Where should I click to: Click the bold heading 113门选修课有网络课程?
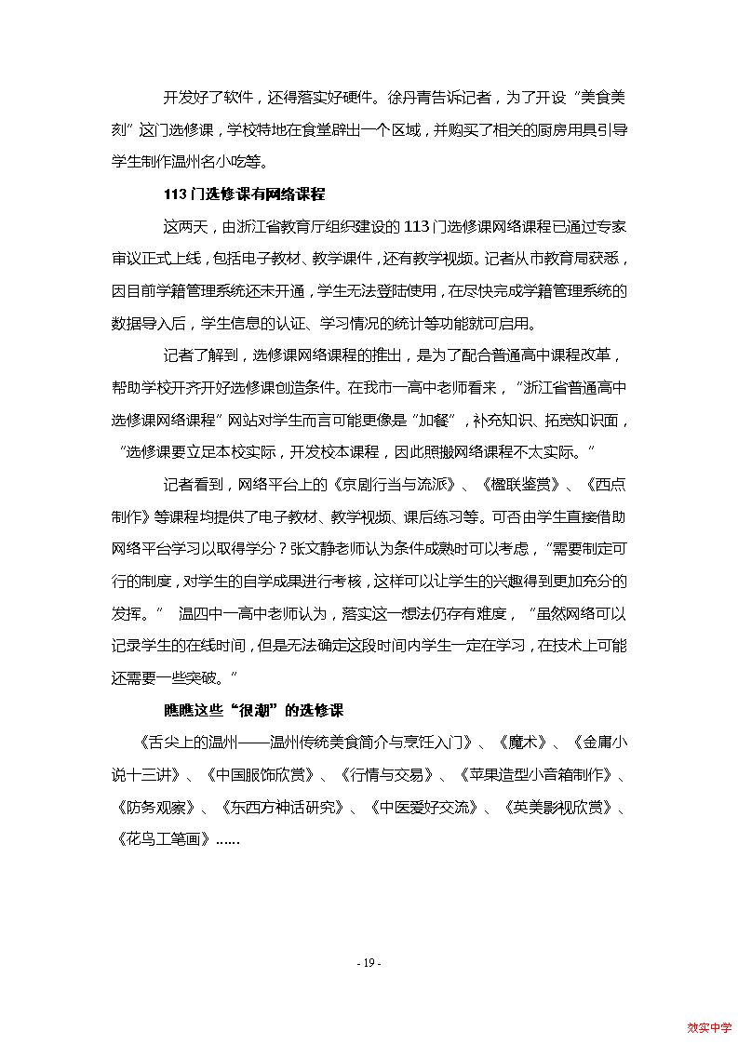point(243,194)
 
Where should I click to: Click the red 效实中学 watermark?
point(709,1027)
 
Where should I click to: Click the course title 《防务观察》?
point(154,806)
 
